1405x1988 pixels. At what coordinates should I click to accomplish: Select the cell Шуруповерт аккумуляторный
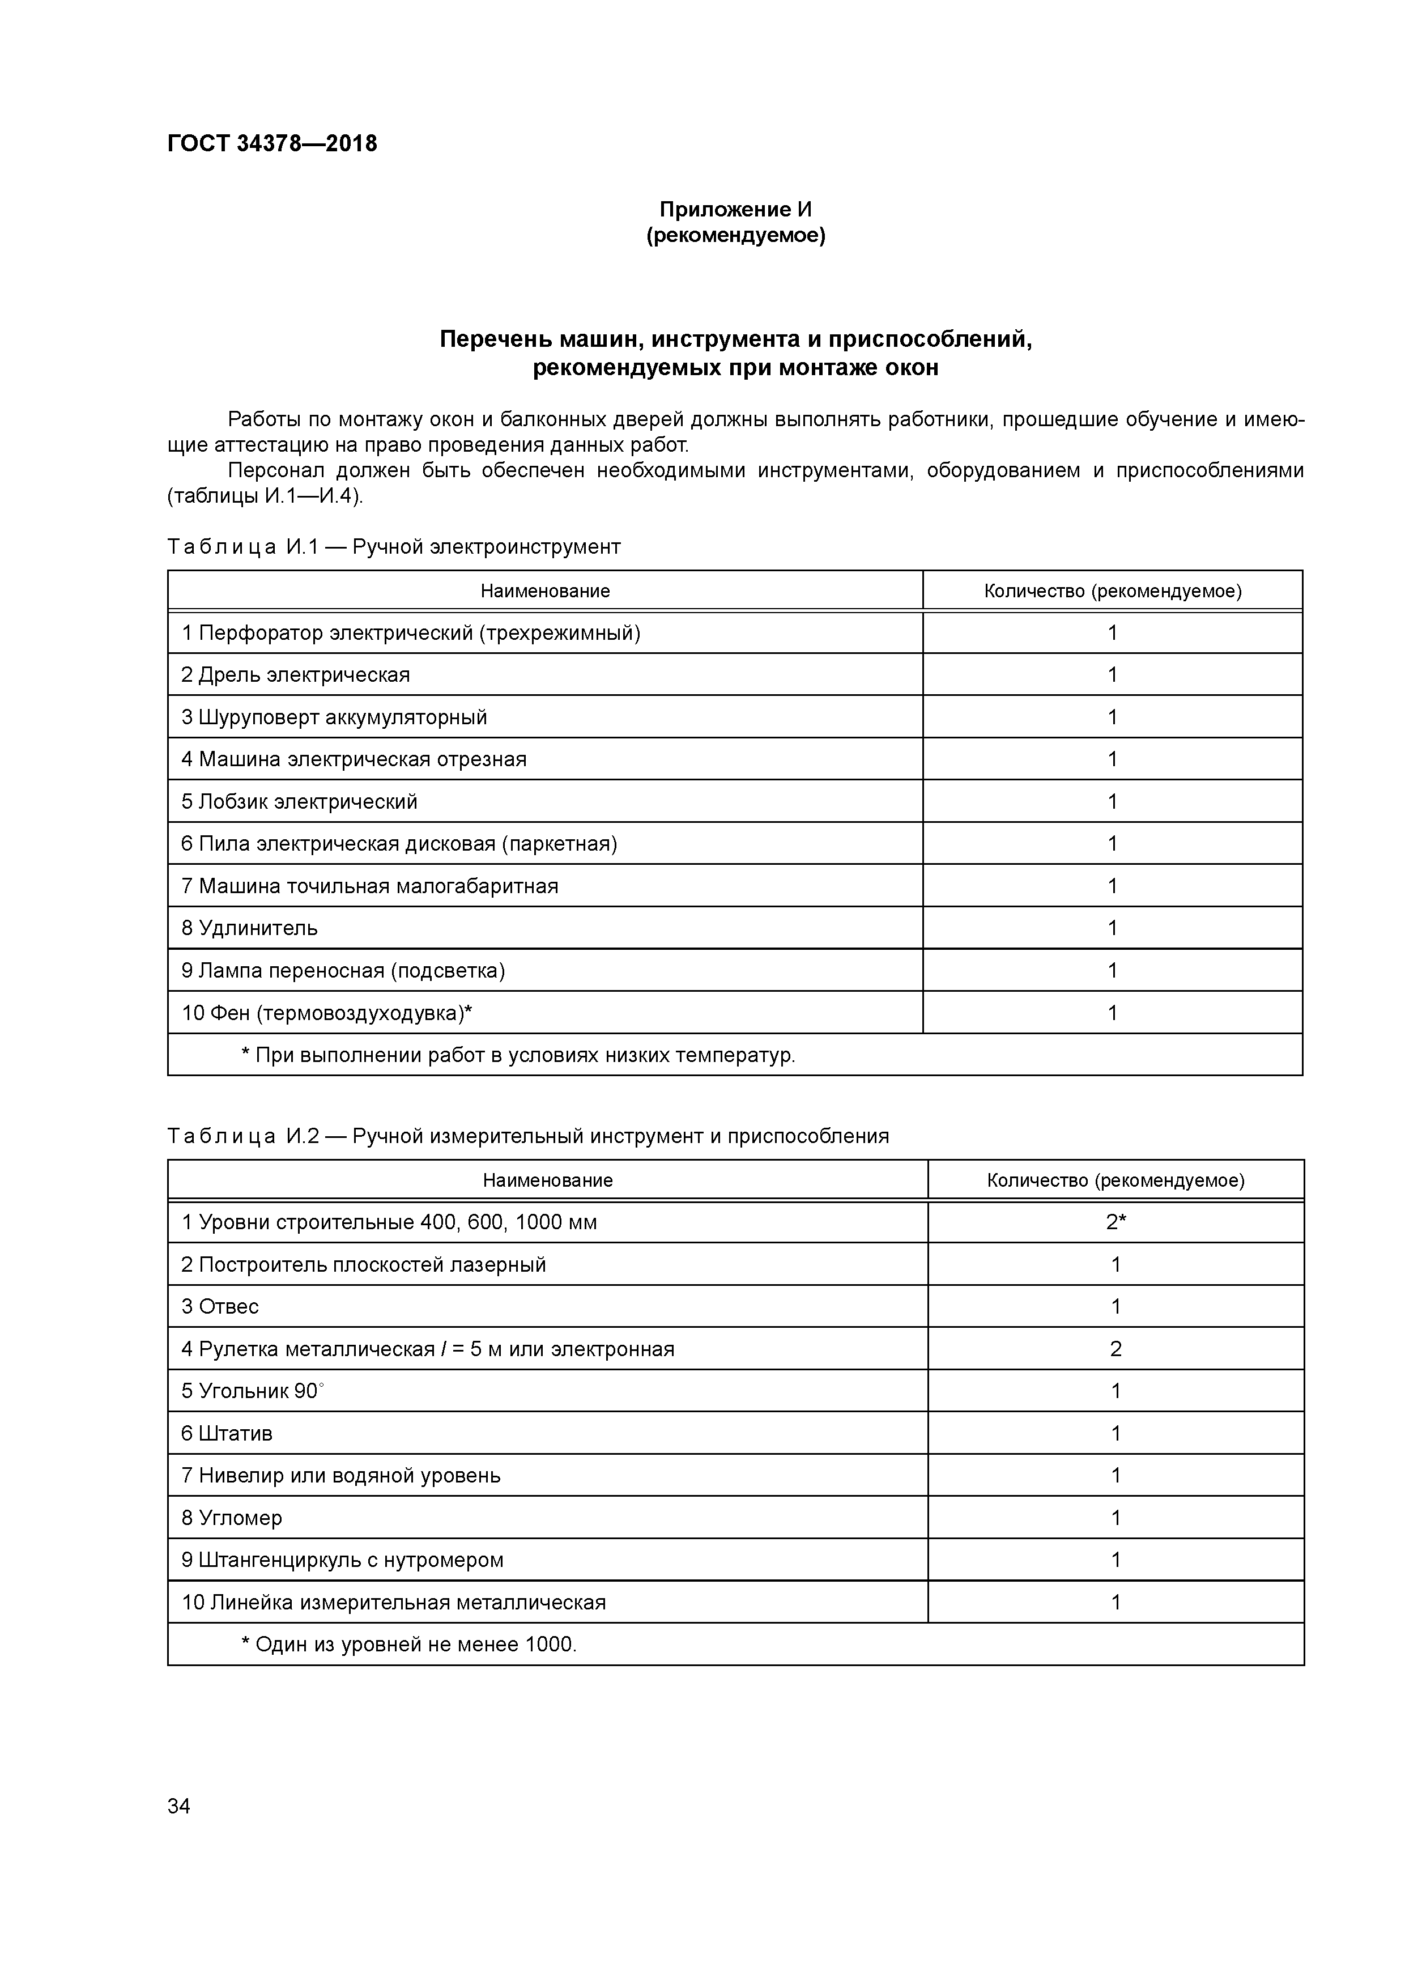334,717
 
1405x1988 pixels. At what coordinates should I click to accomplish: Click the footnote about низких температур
518,1055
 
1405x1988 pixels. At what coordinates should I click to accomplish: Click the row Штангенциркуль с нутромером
342,1560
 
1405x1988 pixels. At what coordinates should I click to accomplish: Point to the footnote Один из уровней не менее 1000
408,1643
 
